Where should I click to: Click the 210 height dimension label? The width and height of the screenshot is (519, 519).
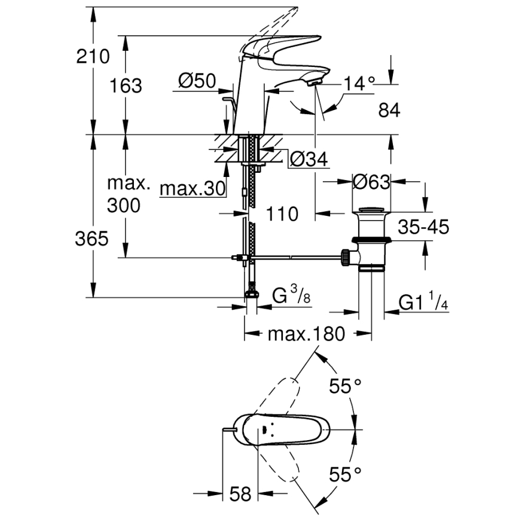click(93, 57)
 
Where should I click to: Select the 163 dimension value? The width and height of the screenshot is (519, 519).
click(126, 86)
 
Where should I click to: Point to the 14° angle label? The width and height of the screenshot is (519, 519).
click(358, 84)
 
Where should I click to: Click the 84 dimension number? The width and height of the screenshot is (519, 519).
click(389, 110)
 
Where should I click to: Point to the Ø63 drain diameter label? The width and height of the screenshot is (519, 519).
click(371, 182)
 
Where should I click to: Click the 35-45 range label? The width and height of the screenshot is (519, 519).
click(423, 227)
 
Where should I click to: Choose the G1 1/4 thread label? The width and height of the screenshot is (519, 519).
click(424, 303)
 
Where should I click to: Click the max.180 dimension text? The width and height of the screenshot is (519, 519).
click(306, 334)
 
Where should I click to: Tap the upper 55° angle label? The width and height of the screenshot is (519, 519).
click(346, 387)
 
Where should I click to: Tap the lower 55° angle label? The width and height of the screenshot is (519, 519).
click(346, 475)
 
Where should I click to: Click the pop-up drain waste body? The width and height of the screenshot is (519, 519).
click(371, 239)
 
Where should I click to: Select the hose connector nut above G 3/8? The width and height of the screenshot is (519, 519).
click(252, 293)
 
